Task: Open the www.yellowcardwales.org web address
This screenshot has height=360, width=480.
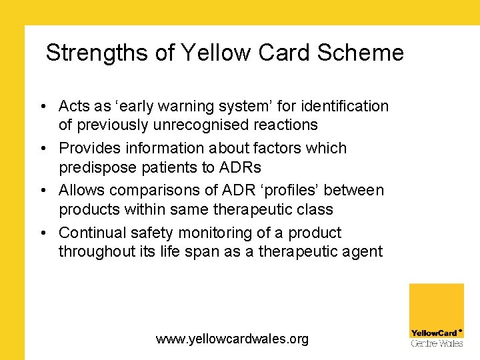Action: point(232,339)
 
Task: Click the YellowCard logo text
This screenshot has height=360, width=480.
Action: point(435,333)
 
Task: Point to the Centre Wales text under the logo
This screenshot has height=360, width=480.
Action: point(436,343)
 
